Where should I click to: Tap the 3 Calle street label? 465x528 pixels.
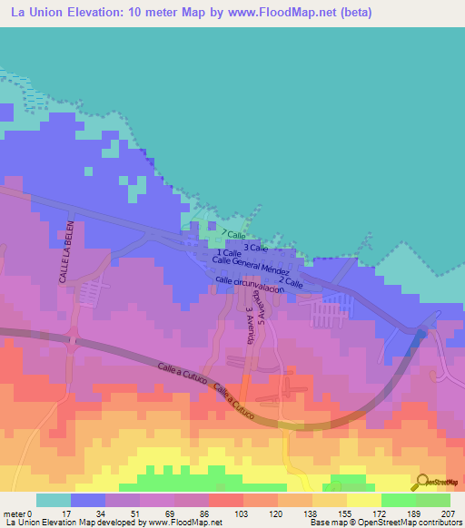[256, 247]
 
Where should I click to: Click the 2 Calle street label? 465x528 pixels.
[291, 282]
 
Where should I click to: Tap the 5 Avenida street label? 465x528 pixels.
[262, 308]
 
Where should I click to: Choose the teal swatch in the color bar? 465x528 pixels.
[54, 500]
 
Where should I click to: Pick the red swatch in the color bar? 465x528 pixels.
[226, 500]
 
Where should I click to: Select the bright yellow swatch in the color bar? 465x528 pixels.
[364, 500]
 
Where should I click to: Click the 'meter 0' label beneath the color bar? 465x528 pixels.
[18, 513]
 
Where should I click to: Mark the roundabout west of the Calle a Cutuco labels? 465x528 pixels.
[72, 341]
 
